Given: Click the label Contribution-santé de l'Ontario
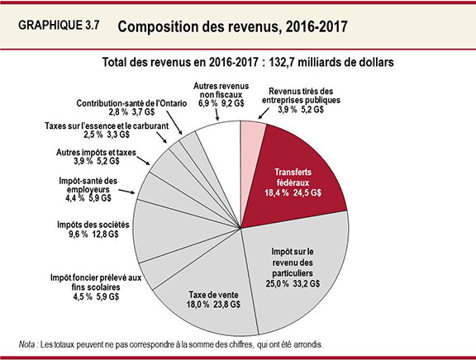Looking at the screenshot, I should point(129,105).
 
